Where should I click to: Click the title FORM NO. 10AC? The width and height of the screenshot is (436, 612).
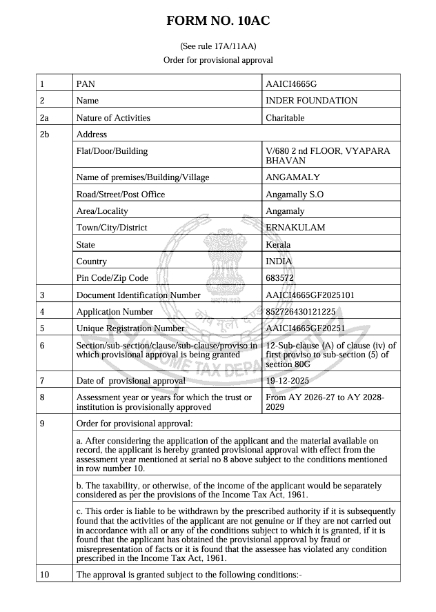pos(218,21)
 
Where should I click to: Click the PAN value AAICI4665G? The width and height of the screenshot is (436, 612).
pos(290,84)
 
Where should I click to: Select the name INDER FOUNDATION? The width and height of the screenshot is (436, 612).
pos(311,101)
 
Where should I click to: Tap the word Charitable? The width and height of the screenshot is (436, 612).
pos(285,118)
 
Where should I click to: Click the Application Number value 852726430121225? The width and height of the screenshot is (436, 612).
pos(300,312)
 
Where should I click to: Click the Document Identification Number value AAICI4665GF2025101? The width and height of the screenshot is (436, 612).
pos(310,295)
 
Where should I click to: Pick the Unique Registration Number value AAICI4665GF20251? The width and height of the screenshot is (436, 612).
pos(305,328)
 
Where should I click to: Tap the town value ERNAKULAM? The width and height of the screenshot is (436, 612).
pos(295,228)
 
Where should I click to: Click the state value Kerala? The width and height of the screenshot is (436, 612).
pos(278,244)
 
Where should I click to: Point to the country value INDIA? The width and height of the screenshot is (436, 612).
pos(279,261)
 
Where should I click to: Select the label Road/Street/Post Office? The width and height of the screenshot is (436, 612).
pos(121,195)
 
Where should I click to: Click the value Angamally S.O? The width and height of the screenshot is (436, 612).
pos(295,195)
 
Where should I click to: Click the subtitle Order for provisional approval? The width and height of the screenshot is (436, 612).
pos(218,60)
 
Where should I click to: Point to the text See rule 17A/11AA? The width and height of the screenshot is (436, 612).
pos(218,46)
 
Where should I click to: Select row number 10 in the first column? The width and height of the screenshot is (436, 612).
pos(46,575)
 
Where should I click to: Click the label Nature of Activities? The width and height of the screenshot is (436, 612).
pos(113,118)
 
